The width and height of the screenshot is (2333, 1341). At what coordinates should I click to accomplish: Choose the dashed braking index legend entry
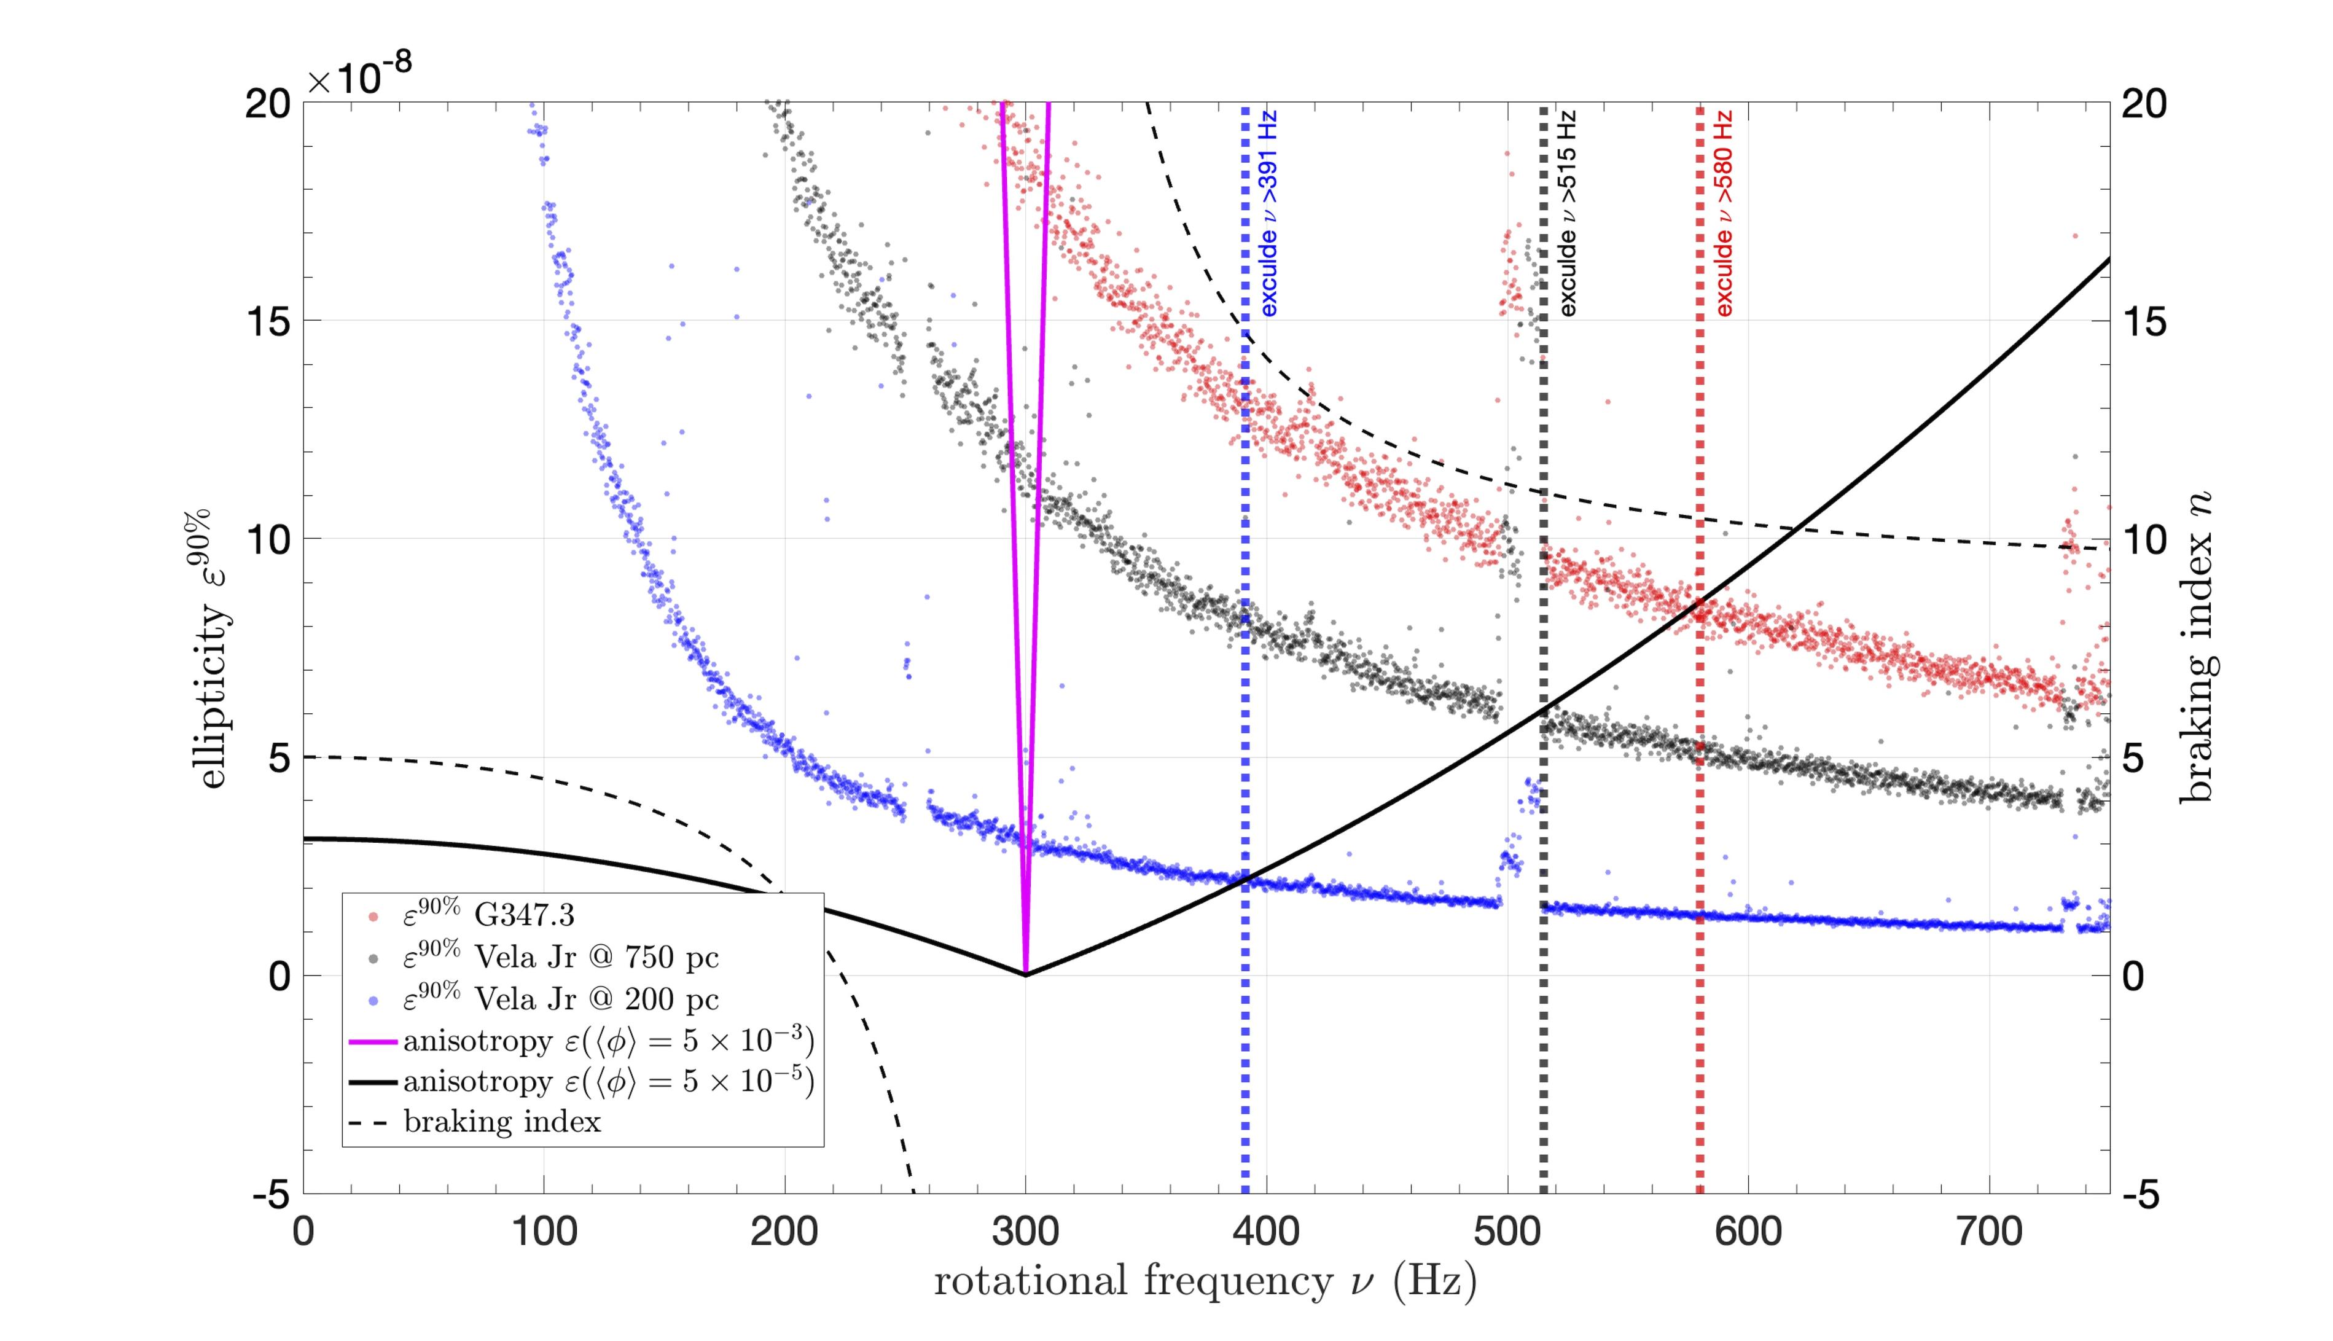tap(502, 1122)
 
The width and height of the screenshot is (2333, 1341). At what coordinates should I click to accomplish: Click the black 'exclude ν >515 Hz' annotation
tap(1568, 214)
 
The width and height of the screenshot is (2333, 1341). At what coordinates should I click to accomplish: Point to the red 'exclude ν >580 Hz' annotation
tap(1724, 214)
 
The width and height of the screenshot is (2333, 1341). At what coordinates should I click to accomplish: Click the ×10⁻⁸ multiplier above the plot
tap(359, 76)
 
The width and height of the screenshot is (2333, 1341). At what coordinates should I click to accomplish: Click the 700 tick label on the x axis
tap(1988, 1232)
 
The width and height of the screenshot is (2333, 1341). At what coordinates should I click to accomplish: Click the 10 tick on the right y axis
tap(2145, 540)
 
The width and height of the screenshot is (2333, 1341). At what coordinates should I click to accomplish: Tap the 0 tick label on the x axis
tap(304, 1232)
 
